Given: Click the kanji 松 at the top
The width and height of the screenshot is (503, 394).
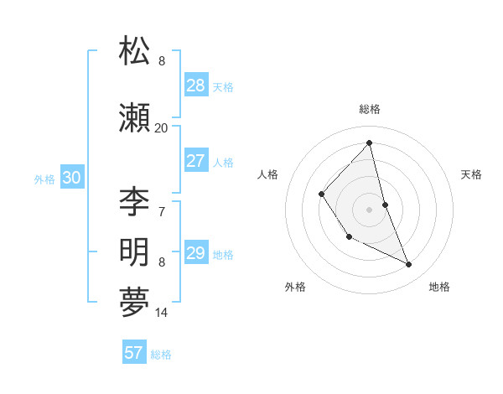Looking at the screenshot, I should [134, 51].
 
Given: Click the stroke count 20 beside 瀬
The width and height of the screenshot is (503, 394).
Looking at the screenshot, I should [161, 128].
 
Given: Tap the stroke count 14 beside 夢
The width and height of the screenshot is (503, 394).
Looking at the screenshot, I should [162, 313].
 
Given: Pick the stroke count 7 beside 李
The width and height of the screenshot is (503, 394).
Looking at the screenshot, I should [162, 210].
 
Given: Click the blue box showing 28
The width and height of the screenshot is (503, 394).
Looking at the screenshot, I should [196, 85].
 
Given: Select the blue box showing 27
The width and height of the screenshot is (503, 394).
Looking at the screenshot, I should [196, 161].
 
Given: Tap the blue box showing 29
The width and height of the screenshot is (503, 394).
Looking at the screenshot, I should [196, 253].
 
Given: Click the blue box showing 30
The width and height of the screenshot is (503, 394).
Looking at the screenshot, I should [71, 177].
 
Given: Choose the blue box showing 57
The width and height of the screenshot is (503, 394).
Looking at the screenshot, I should [134, 353].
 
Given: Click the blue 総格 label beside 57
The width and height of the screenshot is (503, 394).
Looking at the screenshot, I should [161, 355].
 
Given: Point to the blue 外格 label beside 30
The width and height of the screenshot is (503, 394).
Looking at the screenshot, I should [44, 179].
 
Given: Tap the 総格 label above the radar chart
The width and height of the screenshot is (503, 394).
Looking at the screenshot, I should [370, 109].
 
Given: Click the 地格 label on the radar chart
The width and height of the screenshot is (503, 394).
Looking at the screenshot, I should [439, 287].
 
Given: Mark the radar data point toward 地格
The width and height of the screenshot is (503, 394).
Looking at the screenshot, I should [409, 264].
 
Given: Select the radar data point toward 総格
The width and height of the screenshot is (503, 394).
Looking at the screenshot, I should [369, 143].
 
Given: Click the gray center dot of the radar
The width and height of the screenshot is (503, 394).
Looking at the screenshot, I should [369, 209].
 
